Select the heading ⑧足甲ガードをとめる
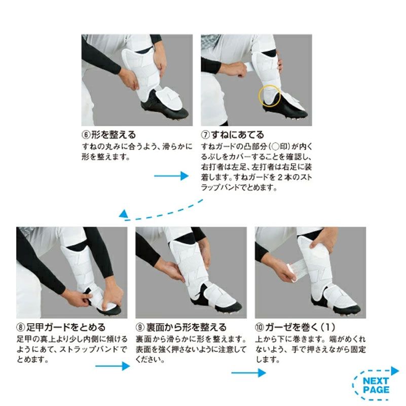tap(61, 327)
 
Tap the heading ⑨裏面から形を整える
tap(180, 327)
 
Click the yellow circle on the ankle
tap(269, 95)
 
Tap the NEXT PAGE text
tap(376, 385)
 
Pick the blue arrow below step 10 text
tap(248, 373)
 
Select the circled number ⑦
tap(206, 135)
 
